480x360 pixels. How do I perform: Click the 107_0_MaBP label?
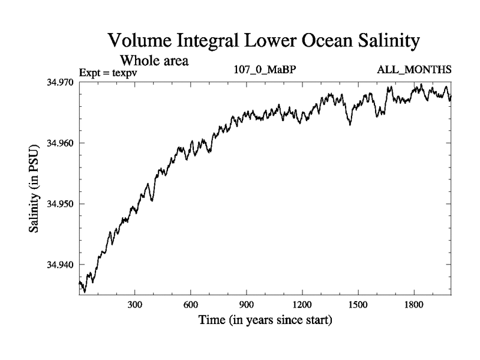265,70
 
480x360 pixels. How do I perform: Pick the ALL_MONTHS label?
415,70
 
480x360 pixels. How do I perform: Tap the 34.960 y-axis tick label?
61,143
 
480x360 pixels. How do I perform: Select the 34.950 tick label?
61,204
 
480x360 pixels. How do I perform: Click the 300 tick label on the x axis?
134,304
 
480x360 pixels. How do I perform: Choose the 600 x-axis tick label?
190,304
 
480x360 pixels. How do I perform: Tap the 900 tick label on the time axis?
246,304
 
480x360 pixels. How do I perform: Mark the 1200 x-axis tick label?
302,304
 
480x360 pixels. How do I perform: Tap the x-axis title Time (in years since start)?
265,320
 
